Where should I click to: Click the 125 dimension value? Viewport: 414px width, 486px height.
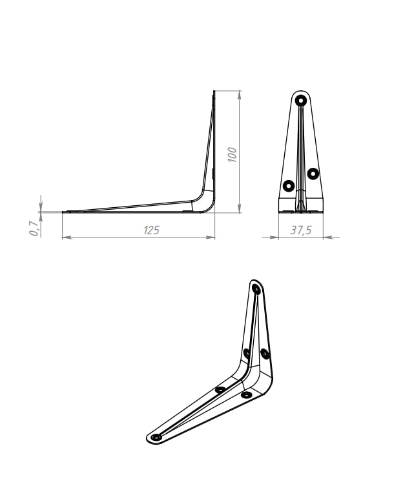point(151,230)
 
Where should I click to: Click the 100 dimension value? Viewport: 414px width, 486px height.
point(233,155)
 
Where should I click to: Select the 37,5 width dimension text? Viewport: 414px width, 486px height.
point(300,230)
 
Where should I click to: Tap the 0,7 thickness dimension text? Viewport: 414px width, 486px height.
point(34,228)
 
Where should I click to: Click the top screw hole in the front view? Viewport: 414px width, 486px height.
point(300,100)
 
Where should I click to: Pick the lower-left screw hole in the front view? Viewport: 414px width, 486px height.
point(289,186)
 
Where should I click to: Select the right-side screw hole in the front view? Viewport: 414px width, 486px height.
point(313,173)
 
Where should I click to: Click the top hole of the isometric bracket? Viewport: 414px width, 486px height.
point(256,289)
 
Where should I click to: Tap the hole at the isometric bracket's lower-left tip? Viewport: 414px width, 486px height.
point(156,437)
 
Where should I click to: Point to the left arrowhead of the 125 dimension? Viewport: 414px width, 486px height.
point(67,238)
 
